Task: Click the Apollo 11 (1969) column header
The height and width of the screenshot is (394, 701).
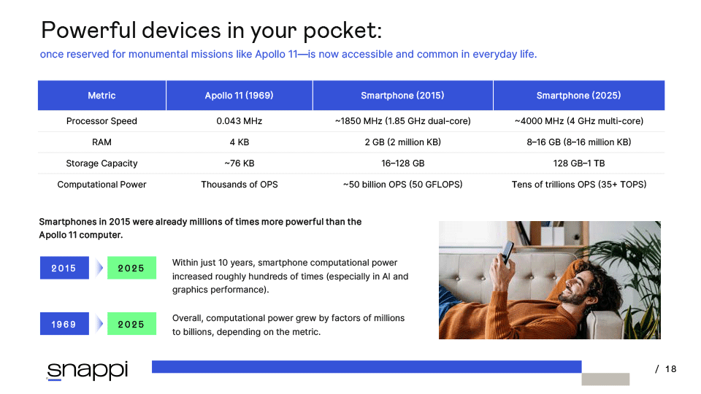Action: coord(240,95)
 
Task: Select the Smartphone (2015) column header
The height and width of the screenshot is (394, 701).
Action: coord(403,95)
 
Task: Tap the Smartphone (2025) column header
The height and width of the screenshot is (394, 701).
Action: coord(579,95)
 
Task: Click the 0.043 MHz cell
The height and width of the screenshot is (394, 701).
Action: coord(240,121)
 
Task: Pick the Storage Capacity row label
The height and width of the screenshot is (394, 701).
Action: coord(102,163)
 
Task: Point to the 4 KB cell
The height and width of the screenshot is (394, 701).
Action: coord(240,142)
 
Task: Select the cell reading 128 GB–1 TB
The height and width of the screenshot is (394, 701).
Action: coord(579,163)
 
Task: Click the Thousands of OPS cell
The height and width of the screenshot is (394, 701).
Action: coord(240,185)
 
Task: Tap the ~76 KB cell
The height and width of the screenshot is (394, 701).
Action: coord(240,163)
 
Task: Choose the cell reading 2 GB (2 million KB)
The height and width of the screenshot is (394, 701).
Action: coord(403,142)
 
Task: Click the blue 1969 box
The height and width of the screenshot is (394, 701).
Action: coord(64,324)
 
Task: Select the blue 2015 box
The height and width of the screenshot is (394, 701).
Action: coord(64,268)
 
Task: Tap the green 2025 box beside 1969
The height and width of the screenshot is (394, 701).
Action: coord(132,324)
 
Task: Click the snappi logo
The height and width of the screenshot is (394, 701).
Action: coord(87,371)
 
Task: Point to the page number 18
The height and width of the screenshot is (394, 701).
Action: coord(670,369)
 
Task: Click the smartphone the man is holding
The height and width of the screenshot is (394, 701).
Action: coord(507,251)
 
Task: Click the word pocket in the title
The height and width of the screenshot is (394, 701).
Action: coord(342,31)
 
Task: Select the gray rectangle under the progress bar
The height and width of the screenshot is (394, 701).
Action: coord(606,379)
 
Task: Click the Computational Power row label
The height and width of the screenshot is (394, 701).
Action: coord(102,185)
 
